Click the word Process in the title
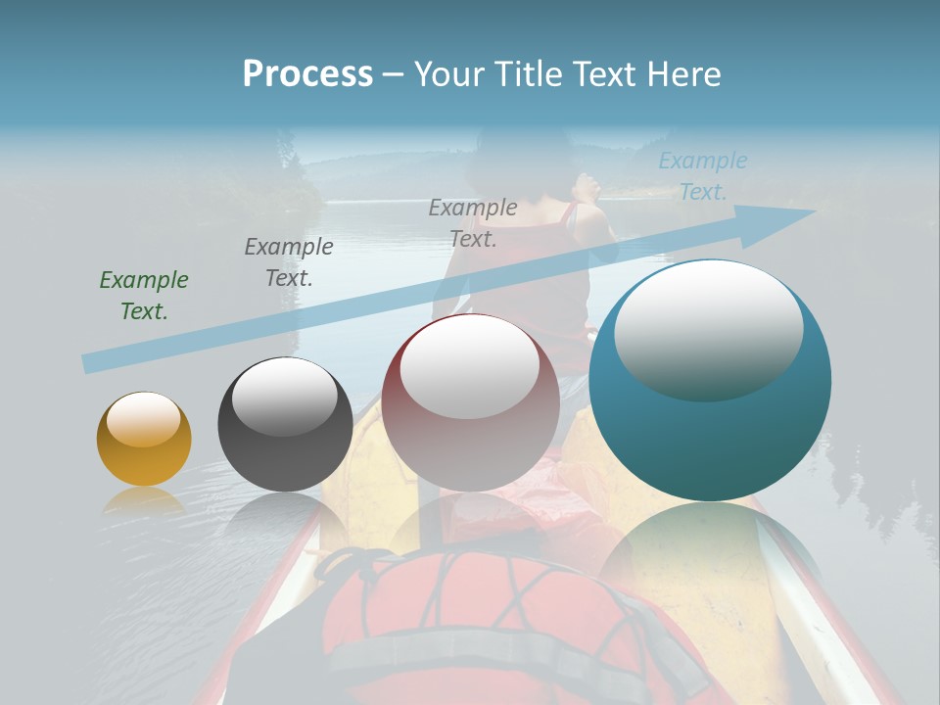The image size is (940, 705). pyautogui.click(x=307, y=74)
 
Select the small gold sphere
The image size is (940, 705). pyautogui.click(x=144, y=440)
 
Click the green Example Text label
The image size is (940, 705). pyautogui.click(x=144, y=296)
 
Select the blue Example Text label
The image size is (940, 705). pyautogui.click(x=702, y=176)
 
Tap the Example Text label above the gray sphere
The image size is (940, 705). pyautogui.click(x=289, y=261)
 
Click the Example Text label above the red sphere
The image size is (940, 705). pyautogui.click(x=473, y=222)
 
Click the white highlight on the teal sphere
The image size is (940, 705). pyautogui.click(x=708, y=328)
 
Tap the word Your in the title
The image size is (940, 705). pyautogui.click(x=454, y=74)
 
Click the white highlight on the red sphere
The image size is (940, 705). pyautogui.click(x=470, y=365)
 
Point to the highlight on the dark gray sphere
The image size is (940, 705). pyautogui.click(x=284, y=397)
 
